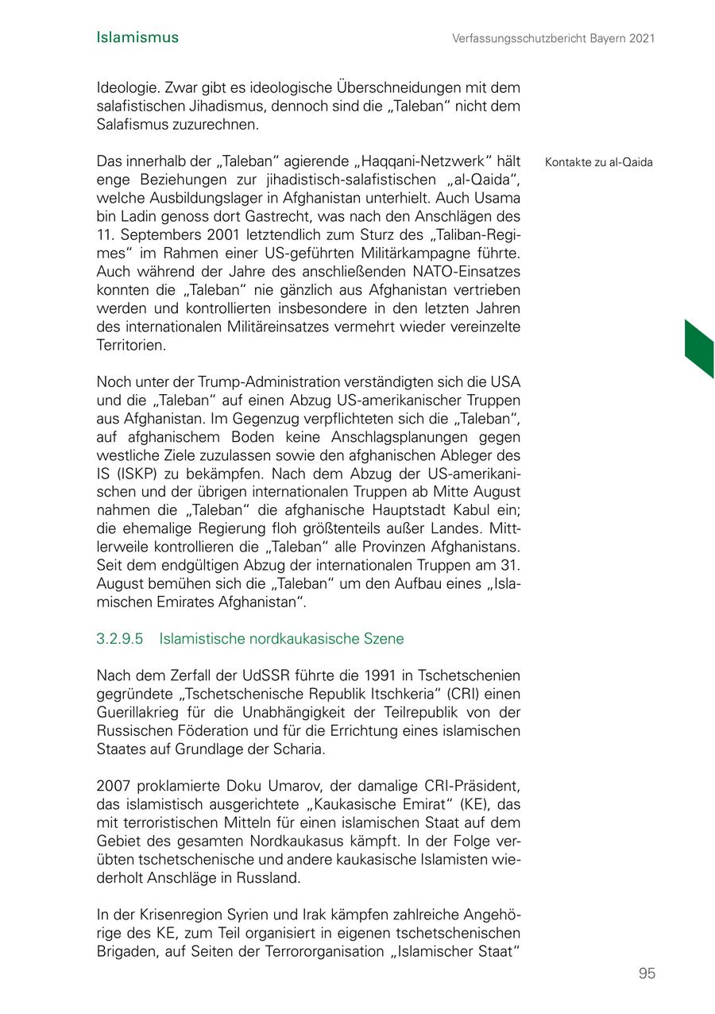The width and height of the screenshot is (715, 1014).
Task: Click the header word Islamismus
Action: (137, 37)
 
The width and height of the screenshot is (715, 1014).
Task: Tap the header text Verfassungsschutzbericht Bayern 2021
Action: (554, 38)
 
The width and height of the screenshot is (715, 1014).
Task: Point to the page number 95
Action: (647, 973)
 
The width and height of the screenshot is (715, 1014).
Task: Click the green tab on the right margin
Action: (698, 347)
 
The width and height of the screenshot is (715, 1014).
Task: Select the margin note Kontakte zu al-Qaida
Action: (599, 163)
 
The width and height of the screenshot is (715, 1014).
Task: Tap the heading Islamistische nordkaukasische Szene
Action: (281, 639)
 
